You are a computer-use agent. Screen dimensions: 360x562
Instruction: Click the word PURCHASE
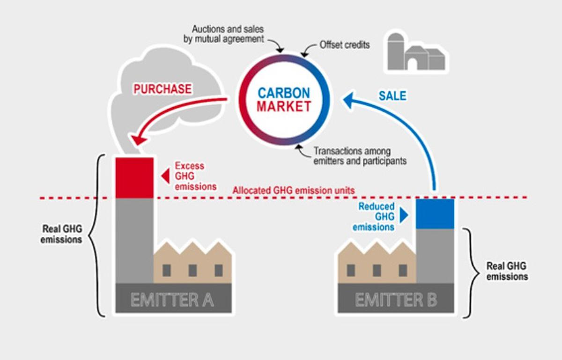pos(163,88)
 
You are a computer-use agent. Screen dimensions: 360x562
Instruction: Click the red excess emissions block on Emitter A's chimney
pos(134,178)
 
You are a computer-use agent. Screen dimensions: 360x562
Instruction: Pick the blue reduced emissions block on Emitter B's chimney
pos(435,214)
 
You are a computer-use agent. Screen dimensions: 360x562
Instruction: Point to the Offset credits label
pos(345,45)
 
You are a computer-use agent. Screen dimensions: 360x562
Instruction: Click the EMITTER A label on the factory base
pos(172,300)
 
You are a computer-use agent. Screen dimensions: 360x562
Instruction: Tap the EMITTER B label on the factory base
pos(396,300)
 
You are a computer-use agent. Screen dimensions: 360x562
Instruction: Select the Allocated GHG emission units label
pos(294,191)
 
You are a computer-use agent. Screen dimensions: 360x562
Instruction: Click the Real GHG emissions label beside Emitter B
pos(507,271)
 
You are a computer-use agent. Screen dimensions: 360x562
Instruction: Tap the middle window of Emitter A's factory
pos(192,270)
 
